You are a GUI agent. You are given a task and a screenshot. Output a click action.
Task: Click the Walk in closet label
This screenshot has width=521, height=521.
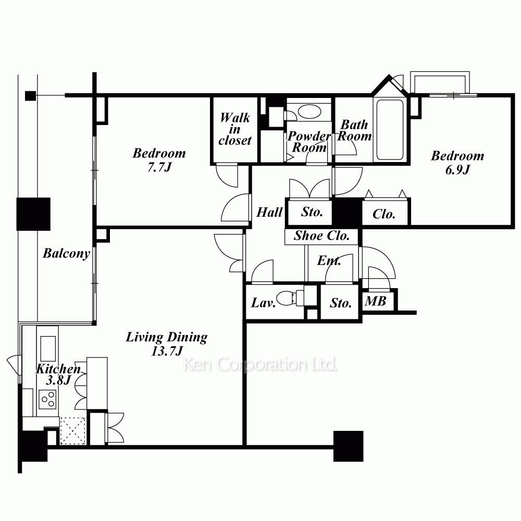point(235,129)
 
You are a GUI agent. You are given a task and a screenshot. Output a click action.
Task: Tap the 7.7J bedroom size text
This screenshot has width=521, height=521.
point(159,167)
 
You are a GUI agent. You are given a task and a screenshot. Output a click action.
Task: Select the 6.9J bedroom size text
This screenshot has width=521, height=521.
point(457,170)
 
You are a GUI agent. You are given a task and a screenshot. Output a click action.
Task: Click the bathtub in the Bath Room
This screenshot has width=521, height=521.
point(390,130)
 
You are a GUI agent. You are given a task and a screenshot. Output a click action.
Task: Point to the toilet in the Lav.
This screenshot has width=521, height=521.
point(289,297)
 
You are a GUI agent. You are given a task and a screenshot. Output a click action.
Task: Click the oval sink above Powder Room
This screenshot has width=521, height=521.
point(309,111)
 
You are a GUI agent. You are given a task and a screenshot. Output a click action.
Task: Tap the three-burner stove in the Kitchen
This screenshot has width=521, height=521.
point(47,400)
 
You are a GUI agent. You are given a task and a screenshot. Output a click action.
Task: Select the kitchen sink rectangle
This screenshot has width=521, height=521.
point(48,349)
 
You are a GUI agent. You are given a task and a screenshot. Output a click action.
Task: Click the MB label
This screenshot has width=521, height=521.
point(376,301)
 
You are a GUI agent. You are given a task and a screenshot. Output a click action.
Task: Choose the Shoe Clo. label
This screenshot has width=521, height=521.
point(321,235)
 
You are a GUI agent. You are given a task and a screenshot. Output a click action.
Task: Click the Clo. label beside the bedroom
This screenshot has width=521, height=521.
point(384,214)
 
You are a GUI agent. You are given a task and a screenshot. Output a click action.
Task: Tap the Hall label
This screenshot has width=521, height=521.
point(269,212)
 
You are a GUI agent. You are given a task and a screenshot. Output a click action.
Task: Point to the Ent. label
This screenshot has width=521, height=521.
point(329,260)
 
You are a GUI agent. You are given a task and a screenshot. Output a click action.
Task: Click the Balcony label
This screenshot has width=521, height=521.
point(67,254)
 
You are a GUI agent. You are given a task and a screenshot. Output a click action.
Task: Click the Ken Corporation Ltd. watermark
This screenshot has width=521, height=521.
point(260,365)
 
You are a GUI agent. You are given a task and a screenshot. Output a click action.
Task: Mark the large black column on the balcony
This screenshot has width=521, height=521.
point(33,214)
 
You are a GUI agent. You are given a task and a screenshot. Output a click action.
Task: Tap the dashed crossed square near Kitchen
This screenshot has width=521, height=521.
point(73,431)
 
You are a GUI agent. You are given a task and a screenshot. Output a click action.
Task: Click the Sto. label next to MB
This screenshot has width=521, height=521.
point(341,303)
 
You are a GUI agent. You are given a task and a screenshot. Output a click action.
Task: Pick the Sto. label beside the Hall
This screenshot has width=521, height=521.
point(312,212)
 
